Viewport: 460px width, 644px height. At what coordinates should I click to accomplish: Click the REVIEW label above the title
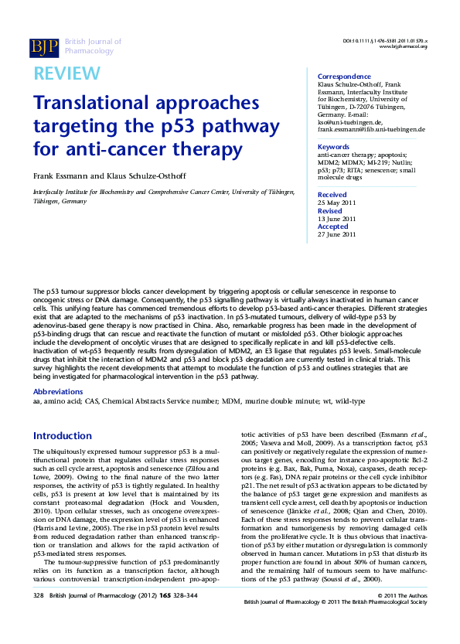(66, 73)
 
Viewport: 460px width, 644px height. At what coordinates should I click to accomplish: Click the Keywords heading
(334, 147)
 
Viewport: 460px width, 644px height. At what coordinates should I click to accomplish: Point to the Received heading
(332, 195)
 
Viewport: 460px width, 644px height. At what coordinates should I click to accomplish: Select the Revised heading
(330, 210)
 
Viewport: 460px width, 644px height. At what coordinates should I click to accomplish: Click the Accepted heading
(333, 227)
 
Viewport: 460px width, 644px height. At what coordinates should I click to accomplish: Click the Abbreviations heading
(63, 393)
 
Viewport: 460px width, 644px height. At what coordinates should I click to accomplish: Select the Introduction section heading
(63, 436)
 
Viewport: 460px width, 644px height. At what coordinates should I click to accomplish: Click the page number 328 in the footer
(39, 616)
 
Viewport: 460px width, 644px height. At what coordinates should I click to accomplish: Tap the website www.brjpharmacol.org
(403, 46)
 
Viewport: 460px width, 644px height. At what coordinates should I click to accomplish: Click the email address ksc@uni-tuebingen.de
(350, 122)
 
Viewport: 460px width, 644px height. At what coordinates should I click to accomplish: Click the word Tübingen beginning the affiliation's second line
(49, 200)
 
